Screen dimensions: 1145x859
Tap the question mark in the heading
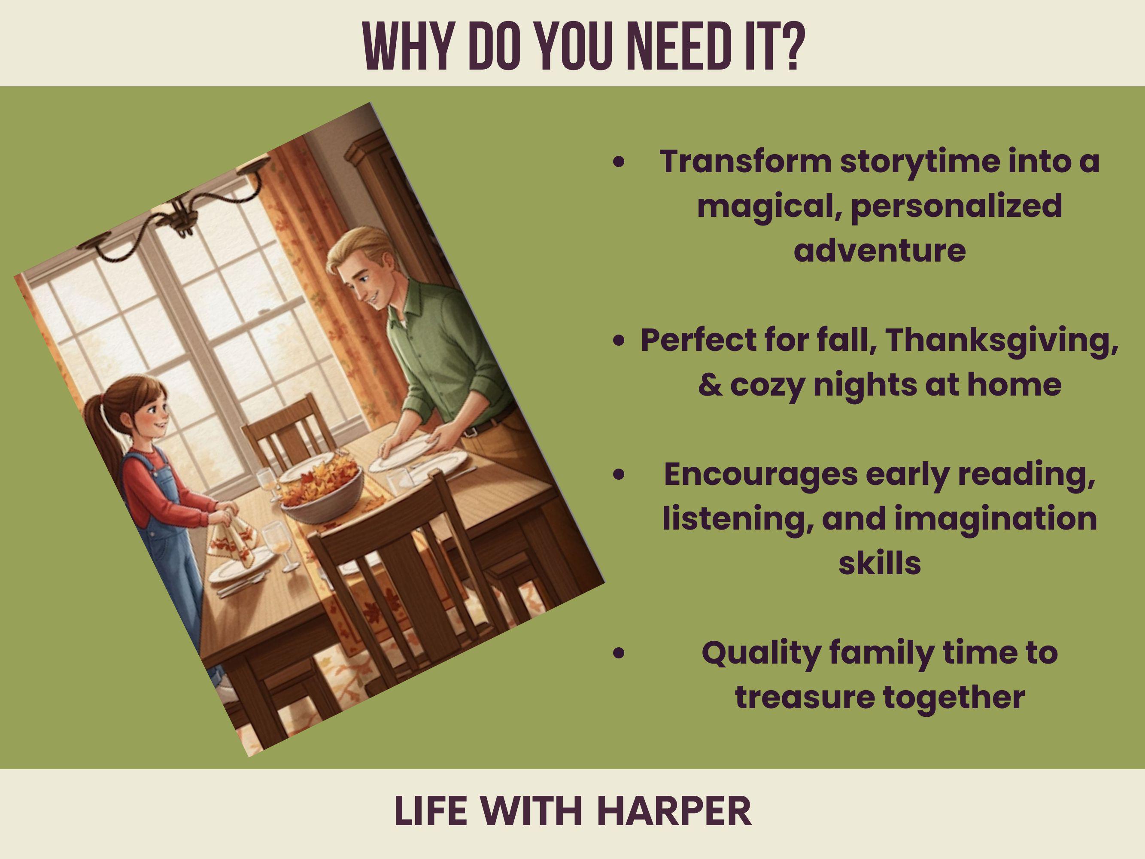791,46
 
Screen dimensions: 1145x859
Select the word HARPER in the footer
674,811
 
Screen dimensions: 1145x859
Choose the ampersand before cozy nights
710,385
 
